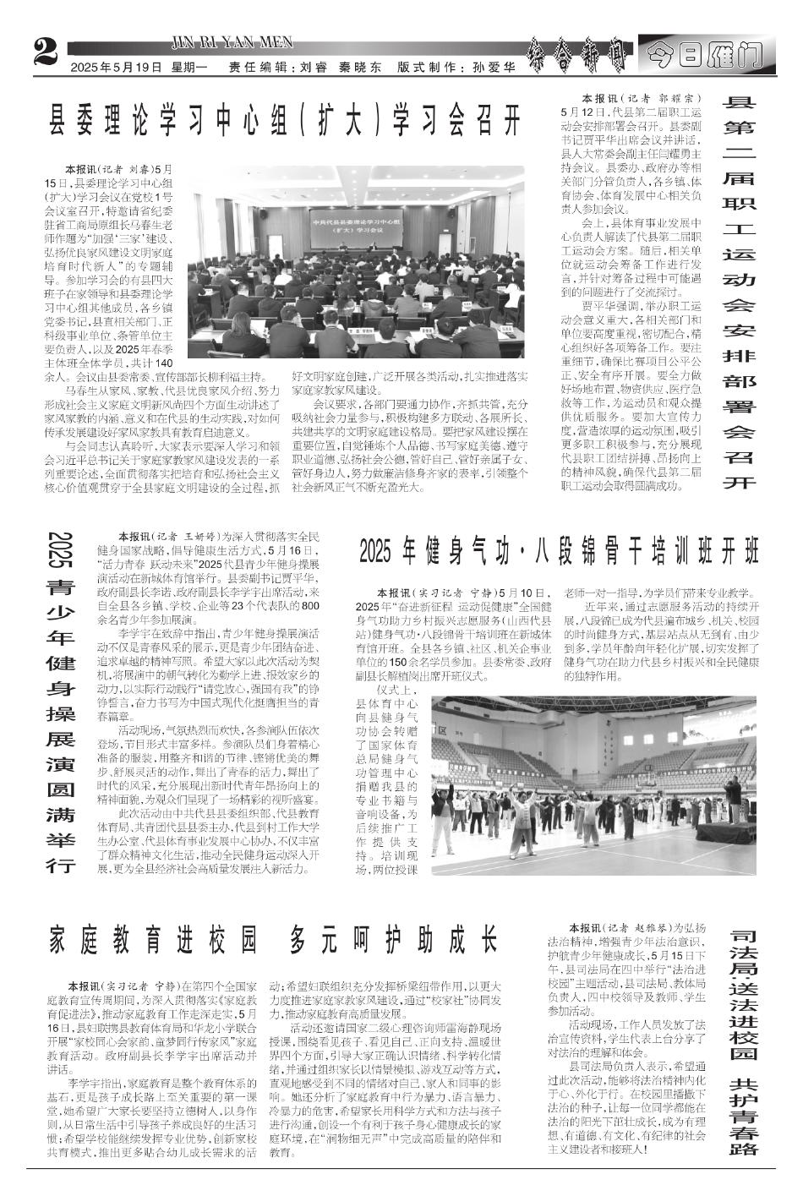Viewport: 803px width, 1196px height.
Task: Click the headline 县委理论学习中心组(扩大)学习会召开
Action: pos(284,120)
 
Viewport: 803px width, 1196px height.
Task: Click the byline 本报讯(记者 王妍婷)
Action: pos(168,536)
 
